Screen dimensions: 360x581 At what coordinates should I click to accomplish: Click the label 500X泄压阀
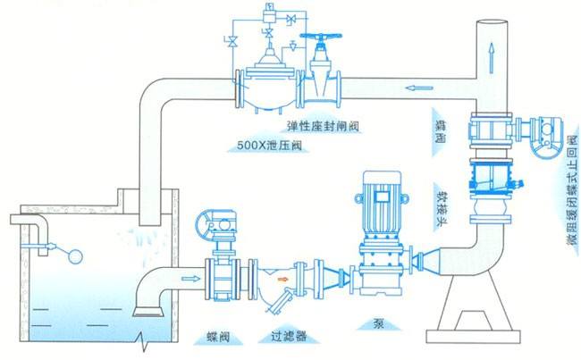[268, 142]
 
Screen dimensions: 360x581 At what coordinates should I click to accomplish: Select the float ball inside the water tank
[74, 257]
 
